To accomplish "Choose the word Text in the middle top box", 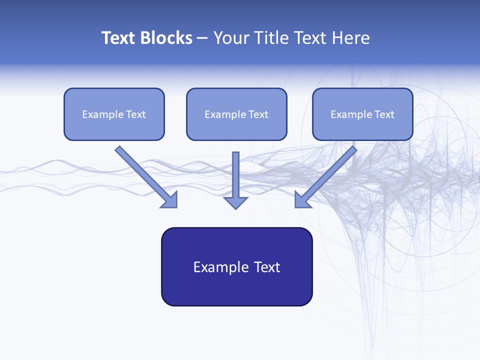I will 258,114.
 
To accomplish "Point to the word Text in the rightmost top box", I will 384,114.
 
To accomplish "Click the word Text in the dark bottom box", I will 267,267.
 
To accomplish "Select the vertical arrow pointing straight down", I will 235,175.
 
